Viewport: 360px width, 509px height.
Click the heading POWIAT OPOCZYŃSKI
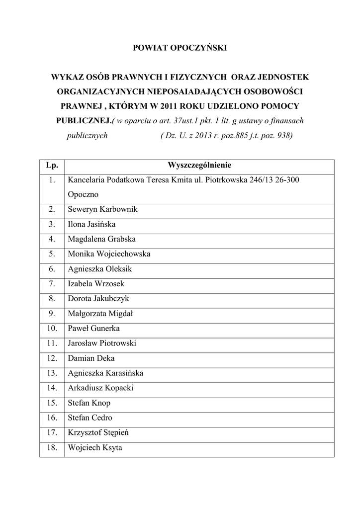tap(180, 48)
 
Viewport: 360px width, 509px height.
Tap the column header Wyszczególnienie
tap(199, 165)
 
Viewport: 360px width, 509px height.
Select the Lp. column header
tap(52, 165)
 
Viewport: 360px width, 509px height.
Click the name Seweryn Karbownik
tap(102, 209)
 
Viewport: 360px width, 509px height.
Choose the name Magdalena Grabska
tap(102, 239)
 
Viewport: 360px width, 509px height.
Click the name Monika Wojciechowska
tap(109, 254)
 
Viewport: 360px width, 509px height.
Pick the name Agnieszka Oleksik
tap(100, 269)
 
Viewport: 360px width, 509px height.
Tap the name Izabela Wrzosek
tap(96, 284)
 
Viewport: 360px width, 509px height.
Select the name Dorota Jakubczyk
tap(98, 299)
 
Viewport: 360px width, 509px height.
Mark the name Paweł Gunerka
tap(93, 329)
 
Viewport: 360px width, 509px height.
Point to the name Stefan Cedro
tap(90, 418)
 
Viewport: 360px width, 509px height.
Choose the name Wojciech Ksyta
tap(95, 448)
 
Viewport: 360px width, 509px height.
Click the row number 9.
tap(52, 314)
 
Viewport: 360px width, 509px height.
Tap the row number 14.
tap(52, 388)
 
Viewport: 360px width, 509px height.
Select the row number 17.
tap(52, 433)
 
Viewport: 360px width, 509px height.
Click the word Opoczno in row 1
tap(83, 194)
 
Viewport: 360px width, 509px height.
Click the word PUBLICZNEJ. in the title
tap(83, 121)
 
